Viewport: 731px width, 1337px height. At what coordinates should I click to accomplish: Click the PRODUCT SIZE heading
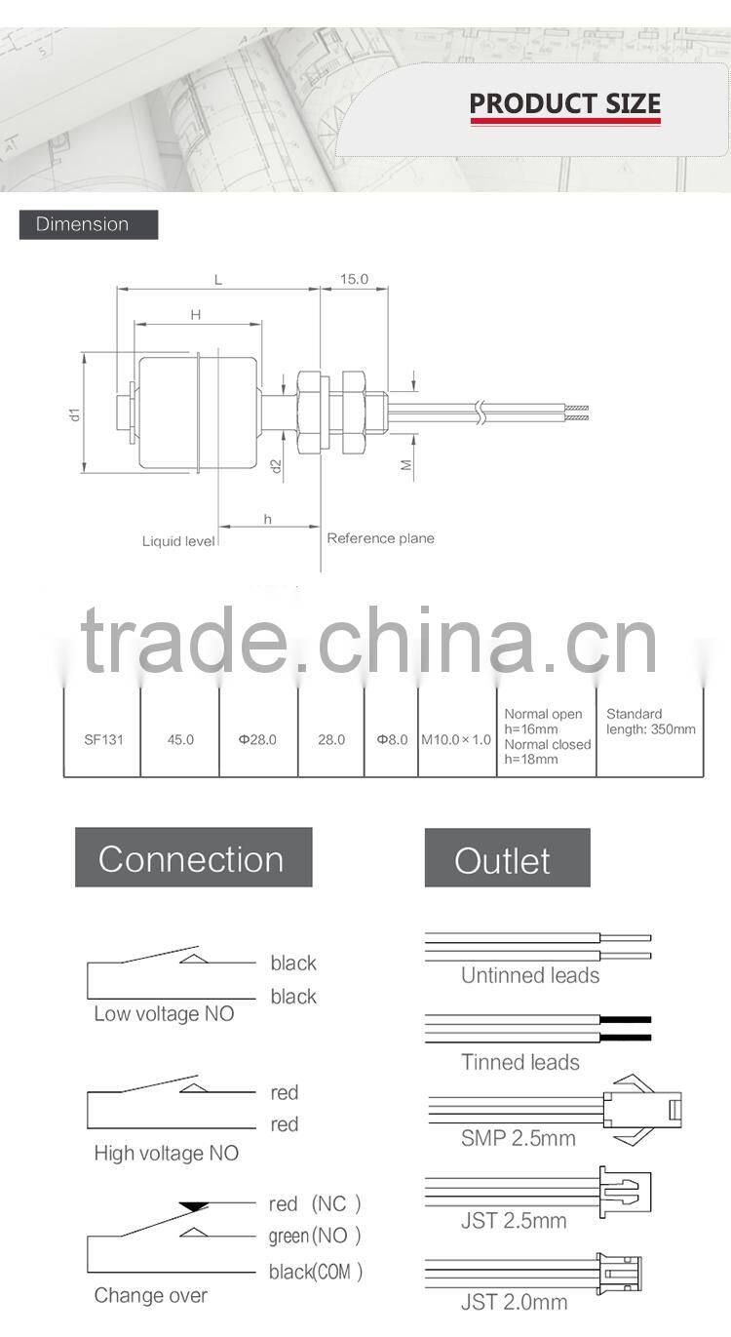(564, 103)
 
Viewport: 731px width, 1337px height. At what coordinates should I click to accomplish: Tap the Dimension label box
(88, 224)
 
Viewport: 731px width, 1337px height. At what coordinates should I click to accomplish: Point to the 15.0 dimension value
(354, 279)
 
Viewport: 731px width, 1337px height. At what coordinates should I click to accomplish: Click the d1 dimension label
(74, 413)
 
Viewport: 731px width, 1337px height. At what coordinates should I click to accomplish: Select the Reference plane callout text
(380, 538)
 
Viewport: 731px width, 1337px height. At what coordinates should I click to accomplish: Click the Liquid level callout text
(178, 541)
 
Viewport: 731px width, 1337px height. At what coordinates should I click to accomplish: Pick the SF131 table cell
(102, 739)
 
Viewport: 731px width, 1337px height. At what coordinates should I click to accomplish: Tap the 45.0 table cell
(180, 739)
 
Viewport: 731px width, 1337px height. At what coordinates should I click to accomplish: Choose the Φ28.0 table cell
(258, 739)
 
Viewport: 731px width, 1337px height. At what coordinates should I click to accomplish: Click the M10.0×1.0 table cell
(456, 739)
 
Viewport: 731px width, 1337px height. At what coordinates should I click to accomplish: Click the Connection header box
(193, 858)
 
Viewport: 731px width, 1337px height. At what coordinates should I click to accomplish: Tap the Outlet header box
(507, 858)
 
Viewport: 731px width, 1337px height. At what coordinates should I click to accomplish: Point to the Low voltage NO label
(164, 1014)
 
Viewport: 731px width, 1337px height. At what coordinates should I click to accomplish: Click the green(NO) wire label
(315, 1237)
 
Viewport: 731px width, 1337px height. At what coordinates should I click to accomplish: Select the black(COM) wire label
(316, 1272)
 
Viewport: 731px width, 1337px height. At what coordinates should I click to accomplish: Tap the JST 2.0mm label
(514, 1302)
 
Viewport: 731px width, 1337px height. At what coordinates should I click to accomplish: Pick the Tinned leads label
(520, 1062)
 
